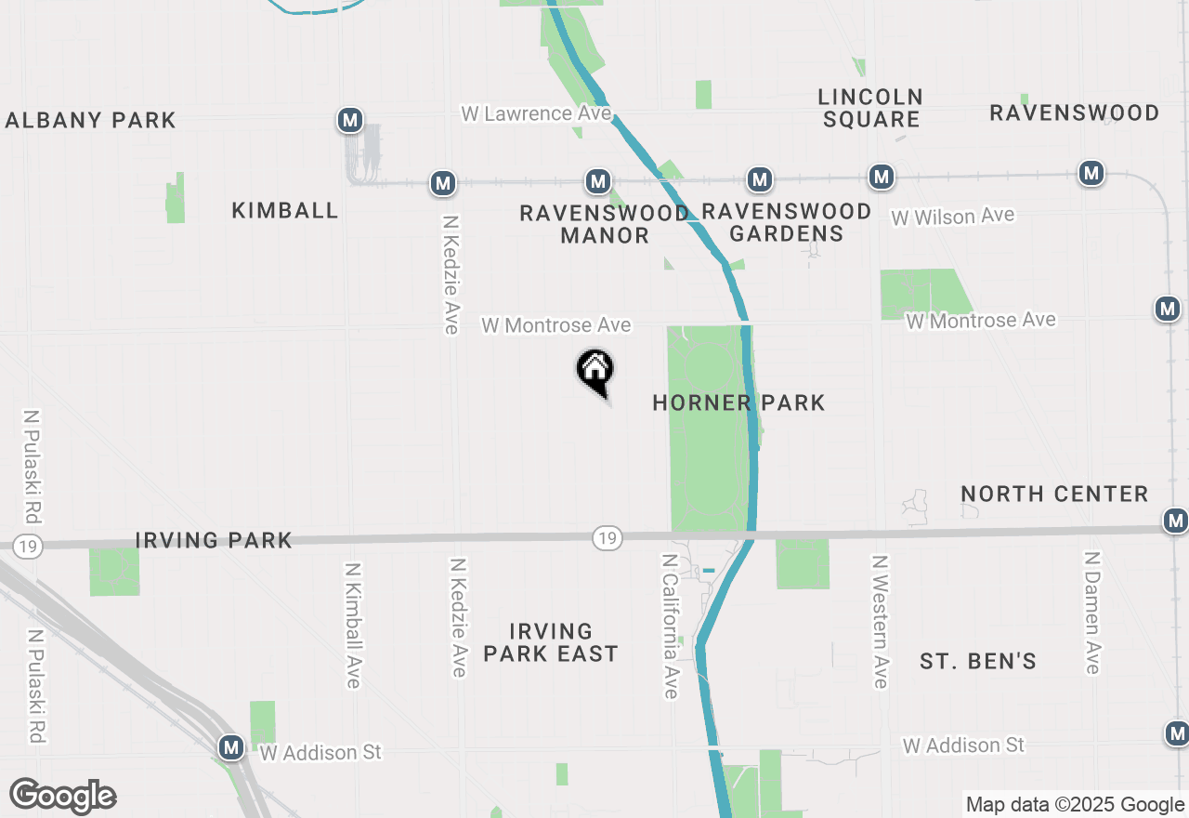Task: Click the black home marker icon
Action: (x=595, y=371)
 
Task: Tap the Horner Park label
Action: (x=738, y=402)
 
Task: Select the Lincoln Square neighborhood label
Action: (x=870, y=108)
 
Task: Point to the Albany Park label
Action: (x=90, y=120)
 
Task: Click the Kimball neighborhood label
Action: (x=285, y=210)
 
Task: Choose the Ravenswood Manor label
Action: (x=605, y=224)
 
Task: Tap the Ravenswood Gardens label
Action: (x=786, y=222)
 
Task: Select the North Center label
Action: (x=1054, y=494)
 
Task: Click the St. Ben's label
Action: (x=978, y=662)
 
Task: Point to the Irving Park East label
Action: (x=551, y=643)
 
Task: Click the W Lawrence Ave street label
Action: (x=536, y=113)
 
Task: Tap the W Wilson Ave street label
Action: (x=953, y=217)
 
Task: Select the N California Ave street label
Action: (x=669, y=626)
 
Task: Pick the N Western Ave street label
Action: (x=880, y=622)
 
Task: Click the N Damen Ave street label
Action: (x=1091, y=613)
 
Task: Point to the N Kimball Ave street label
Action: (x=352, y=626)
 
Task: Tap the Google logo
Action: (x=62, y=796)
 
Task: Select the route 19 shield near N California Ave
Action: (x=607, y=537)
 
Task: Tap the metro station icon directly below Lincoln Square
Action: (x=882, y=176)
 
